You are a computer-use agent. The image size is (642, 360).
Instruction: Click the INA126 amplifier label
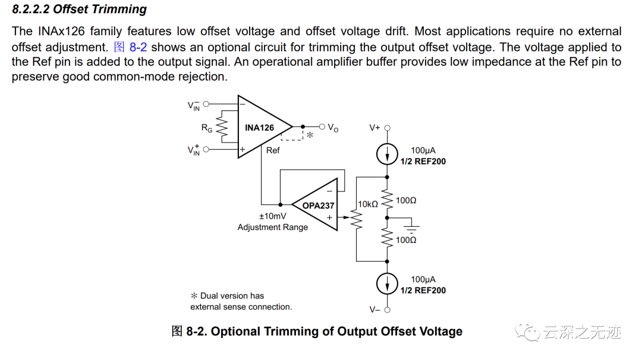[x=259, y=128]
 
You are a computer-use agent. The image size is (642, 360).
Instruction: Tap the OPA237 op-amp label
[x=318, y=206]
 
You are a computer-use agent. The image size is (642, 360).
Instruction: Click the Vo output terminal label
[x=333, y=128]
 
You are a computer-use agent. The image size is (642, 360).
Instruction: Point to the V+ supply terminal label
[x=374, y=128]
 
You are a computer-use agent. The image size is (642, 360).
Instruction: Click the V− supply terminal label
[x=374, y=310]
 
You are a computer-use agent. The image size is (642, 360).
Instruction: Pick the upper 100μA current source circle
[x=388, y=156]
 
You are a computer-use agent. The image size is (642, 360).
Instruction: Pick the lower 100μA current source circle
[x=388, y=283]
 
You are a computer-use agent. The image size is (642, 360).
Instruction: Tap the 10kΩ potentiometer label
[x=367, y=204]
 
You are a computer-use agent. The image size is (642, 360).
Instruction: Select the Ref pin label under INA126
[x=273, y=150]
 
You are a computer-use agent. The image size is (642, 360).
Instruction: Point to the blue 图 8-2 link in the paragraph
[x=130, y=47]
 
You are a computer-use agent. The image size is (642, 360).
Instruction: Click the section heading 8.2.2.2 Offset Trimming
[x=79, y=10]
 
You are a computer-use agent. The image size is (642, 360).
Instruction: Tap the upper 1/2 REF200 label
[x=423, y=162]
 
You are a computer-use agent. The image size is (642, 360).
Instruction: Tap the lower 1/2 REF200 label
[x=423, y=290]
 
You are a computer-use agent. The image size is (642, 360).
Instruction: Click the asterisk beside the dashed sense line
[x=310, y=135]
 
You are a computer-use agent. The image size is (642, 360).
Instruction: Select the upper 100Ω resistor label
[x=406, y=201]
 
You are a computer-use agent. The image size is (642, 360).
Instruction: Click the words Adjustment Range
[x=272, y=227]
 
